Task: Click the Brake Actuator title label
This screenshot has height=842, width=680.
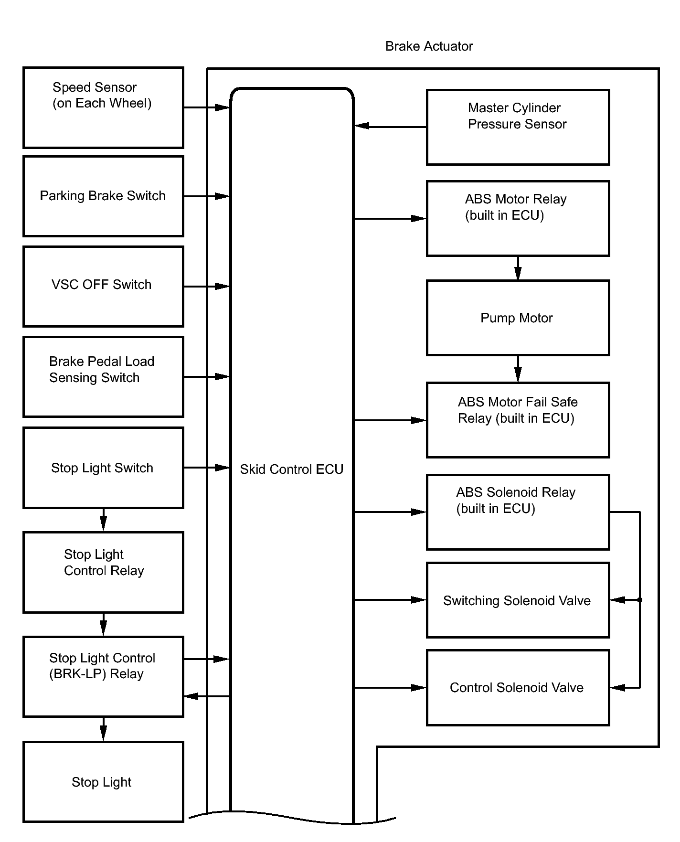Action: point(429,46)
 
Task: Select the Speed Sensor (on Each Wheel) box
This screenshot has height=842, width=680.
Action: point(103,107)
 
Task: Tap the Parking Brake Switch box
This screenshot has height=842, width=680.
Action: point(103,196)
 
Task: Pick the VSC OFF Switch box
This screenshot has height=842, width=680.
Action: point(103,287)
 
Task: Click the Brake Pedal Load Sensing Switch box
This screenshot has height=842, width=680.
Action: point(103,377)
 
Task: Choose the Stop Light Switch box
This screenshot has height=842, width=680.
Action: point(103,468)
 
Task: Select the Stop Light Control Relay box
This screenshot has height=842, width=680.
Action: point(103,572)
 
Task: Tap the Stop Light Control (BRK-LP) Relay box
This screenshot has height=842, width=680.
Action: point(103,676)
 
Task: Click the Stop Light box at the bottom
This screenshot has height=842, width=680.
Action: point(103,782)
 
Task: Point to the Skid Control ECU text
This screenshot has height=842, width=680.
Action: point(291,469)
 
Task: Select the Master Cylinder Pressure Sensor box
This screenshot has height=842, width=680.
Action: point(518,127)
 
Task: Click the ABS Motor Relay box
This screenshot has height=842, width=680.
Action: point(518,218)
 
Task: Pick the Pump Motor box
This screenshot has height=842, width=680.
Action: point(518,318)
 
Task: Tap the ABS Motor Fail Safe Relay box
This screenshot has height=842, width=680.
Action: point(518,420)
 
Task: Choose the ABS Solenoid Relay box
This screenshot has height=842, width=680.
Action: point(518,512)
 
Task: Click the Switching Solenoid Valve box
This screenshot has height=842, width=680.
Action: point(518,600)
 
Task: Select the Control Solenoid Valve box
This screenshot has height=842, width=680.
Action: point(518,687)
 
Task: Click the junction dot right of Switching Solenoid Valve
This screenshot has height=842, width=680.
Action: point(640,600)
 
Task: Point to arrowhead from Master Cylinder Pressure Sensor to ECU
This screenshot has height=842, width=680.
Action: point(361,126)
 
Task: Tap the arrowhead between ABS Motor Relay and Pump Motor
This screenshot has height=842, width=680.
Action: point(518,274)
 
